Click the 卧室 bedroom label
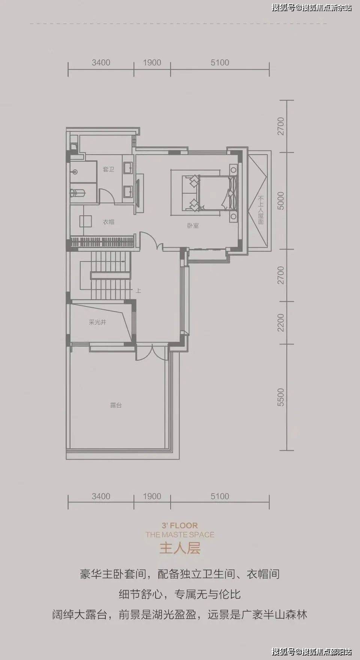[193, 226]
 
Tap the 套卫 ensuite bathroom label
[108, 170]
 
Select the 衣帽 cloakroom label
[108, 222]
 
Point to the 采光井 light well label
[97, 322]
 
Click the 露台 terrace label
[116, 405]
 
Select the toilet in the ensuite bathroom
[78, 193]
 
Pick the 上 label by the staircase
[138, 290]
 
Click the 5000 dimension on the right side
[281, 201]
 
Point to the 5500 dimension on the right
[281, 397]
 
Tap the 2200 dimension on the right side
[281, 323]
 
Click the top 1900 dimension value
[152, 63]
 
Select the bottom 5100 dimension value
[220, 496]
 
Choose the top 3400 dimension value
[101, 63]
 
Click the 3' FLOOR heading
[180, 526]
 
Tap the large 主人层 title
[180, 549]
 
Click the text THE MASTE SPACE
[180, 535]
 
